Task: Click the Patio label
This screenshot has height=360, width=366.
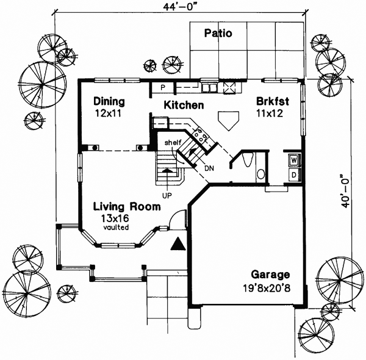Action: [218, 33]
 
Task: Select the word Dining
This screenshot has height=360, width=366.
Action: [109, 101]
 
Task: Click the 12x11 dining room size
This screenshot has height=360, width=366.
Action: [109, 113]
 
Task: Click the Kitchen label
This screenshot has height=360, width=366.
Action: [183, 105]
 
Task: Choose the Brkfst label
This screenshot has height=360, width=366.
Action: [273, 101]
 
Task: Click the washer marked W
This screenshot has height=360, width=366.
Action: [293, 160]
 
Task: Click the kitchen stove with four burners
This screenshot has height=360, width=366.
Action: [202, 135]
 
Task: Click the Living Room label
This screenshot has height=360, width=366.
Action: [127, 207]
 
